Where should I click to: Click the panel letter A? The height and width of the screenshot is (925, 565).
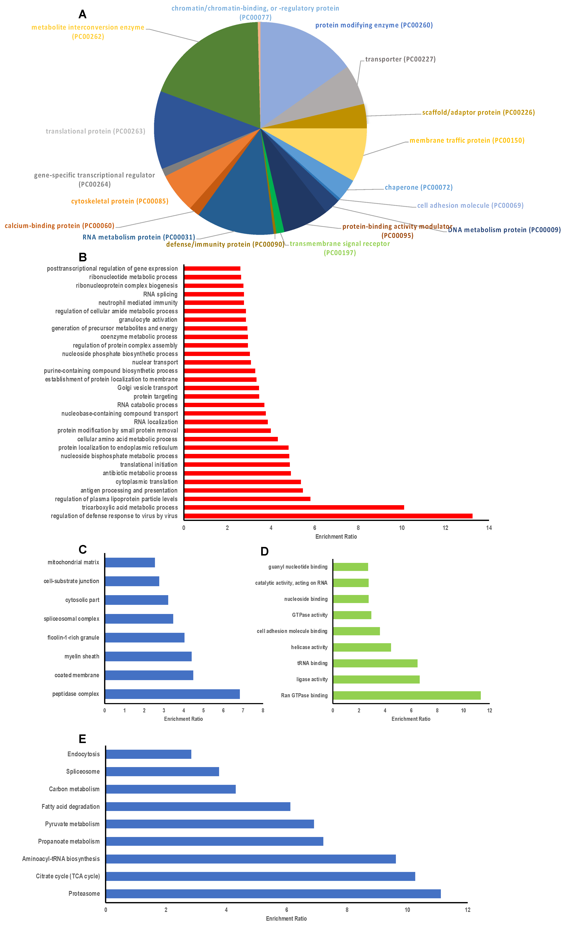click(83, 14)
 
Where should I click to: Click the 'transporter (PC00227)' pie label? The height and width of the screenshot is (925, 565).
click(400, 59)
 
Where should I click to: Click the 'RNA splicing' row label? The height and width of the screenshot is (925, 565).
click(160, 294)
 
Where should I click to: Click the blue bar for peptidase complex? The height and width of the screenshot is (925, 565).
click(172, 694)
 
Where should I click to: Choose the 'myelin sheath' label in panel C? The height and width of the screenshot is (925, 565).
click(82, 657)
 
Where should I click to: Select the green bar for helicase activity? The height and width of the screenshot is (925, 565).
click(362, 647)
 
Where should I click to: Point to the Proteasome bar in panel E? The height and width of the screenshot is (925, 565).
click(273, 894)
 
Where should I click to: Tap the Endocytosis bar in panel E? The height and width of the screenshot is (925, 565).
click(149, 754)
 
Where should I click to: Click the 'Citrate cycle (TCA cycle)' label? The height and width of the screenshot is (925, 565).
click(68, 876)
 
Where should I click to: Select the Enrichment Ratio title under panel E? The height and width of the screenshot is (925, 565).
click(286, 919)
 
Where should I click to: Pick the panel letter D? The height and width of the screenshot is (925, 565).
click(264, 551)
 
